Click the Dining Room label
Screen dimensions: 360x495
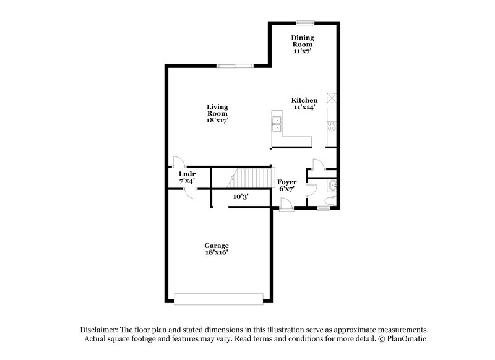click(303, 41)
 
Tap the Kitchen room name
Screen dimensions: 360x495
click(304, 100)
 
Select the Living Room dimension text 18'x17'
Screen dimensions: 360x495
click(218, 121)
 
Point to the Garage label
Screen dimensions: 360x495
click(217, 246)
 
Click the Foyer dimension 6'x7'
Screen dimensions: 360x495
click(286, 189)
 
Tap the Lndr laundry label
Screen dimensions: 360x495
click(187, 174)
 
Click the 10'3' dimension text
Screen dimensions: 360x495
click(241, 196)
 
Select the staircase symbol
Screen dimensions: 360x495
click(251, 179)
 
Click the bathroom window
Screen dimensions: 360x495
click(323, 209)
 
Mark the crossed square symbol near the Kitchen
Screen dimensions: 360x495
click(332, 97)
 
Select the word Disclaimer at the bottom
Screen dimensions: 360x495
click(100, 330)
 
